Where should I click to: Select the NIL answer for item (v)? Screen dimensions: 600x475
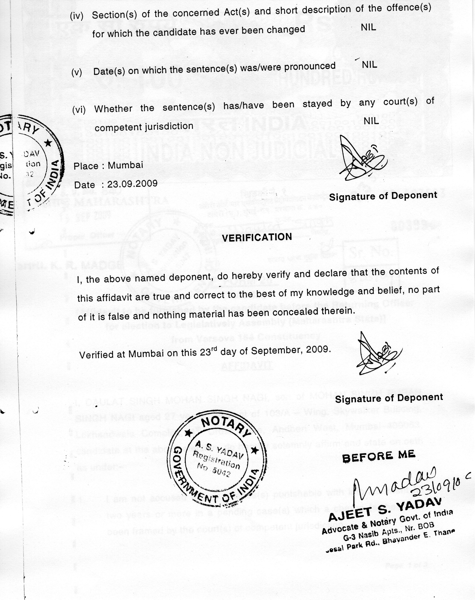(x=369, y=65)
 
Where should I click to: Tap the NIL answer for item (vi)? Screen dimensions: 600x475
(x=371, y=121)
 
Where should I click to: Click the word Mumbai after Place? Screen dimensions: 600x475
(x=125, y=165)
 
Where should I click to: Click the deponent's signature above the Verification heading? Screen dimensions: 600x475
(x=361, y=161)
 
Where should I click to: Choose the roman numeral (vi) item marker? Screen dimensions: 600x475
(x=79, y=110)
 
